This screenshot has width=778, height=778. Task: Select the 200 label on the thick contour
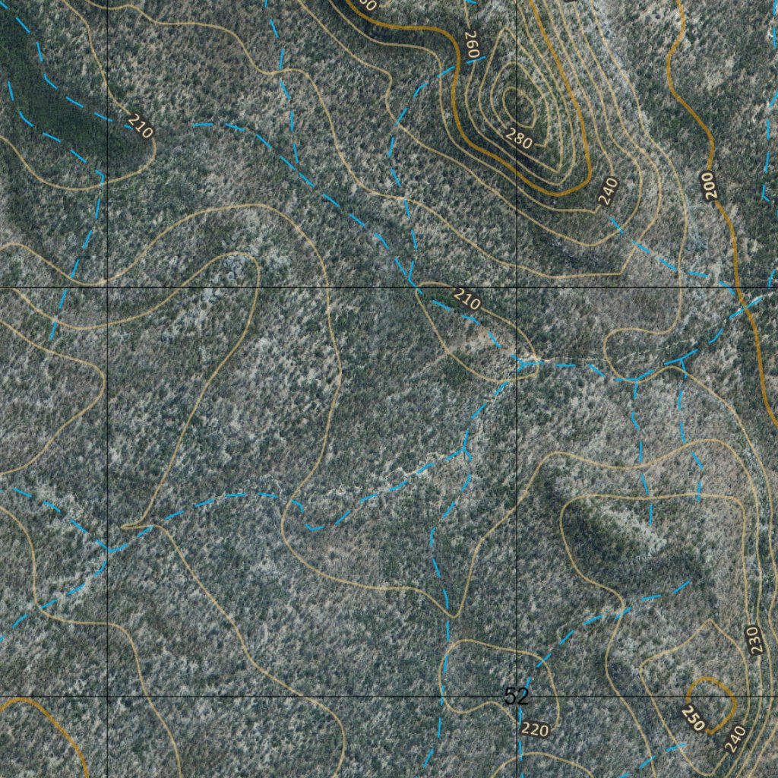[710, 185]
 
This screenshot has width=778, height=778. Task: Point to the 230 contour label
[753, 640]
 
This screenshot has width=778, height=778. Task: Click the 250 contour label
[694, 719]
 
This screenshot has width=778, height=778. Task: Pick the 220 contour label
[534, 729]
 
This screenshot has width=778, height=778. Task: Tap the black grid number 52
[516, 696]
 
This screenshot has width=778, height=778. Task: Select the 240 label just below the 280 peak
[608, 191]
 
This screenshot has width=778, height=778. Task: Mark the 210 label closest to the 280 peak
[467, 299]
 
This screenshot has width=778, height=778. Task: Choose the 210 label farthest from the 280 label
[140, 125]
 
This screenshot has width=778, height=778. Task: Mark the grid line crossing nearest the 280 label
[517, 288]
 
